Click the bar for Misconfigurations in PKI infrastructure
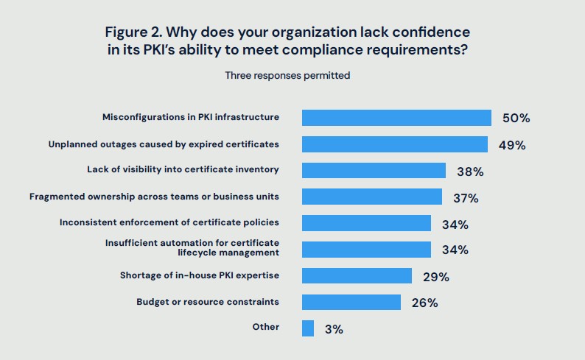pyautogui.click(x=396, y=118)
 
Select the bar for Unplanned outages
pyautogui.click(x=395, y=144)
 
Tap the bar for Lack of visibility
pyautogui.click(x=374, y=171)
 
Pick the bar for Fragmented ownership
pyautogui.click(x=372, y=197)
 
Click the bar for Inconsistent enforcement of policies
pyautogui.click(x=366, y=223)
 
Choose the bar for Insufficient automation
pyautogui.click(x=366, y=250)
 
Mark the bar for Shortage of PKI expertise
pyautogui.click(x=357, y=276)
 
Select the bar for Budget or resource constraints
pyautogui.click(x=351, y=302)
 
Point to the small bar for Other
pyautogui.click(x=308, y=328)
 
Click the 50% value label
pyautogui.click(x=516, y=119)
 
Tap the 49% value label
pyautogui.click(x=511, y=145)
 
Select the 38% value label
pyautogui.click(x=469, y=172)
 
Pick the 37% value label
pyautogui.click(x=466, y=198)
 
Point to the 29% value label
pyautogui.click(x=435, y=277)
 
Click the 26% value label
pyautogui.click(x=424, y=303)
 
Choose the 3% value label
pyautogui.click(x=334, y=329)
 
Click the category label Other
pyautogui.click(x=265, y=326)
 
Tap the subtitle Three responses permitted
pyautogui.click(x=287, y=75)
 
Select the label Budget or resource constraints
pyautogui.click(x=208, y=302)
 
